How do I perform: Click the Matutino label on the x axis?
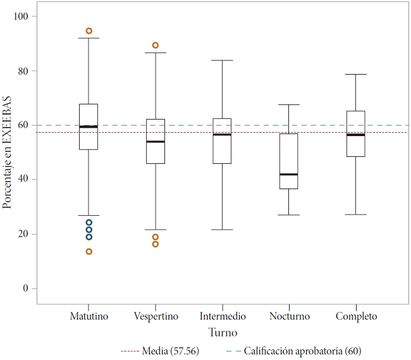(x=89, y=316)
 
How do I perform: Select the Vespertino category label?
(x=156, y=316)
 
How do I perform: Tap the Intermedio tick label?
(x=223, y=316)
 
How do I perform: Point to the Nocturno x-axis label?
(x=289, y=316)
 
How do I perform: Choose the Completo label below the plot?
(x=356, y=316)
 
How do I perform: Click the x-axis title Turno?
(x=223, y=332)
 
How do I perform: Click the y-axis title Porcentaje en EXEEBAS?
(x=8, y=152)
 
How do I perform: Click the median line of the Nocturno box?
(x=289, y=175)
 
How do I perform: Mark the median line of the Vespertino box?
(x=156, y=142)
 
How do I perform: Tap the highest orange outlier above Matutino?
(x=89, y=31)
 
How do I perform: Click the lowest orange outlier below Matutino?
(x=89, y=252)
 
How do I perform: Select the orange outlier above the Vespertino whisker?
(x=156, y=46)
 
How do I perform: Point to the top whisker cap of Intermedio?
(x=223, y=60)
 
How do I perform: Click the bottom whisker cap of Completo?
(x=356, y=214)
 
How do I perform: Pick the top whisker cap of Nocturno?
(x=289, y=104)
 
